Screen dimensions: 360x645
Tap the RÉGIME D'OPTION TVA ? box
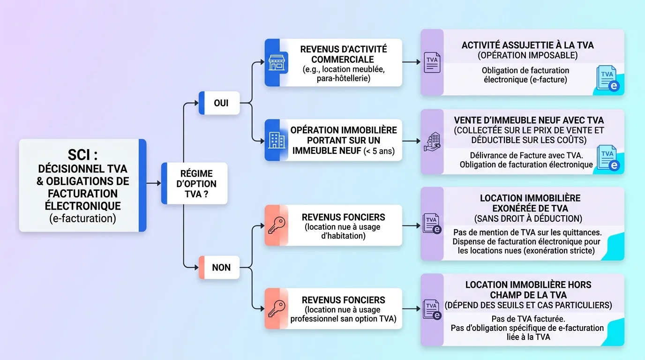tap(195, 183)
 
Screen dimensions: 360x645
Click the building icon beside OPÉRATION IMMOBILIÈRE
tap(276, 140)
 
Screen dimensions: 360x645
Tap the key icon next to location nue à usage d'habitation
tap(276, 225)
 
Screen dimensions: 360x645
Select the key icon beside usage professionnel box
tap(276, 308)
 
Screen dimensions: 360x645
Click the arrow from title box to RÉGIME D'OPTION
tap(153, 183)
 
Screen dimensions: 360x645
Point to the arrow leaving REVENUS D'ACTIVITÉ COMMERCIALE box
tap(411, 61)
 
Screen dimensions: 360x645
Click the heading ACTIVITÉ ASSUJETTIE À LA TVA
tap(527, 45)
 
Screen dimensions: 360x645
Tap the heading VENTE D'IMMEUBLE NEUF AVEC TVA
tap(528, 120)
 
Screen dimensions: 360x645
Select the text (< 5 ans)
tap(378, 150)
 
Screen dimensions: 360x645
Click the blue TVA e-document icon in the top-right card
tap(607, 78)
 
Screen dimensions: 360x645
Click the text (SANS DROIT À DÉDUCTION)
tap(528, 218)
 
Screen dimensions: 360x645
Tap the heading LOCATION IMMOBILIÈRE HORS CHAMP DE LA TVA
tap(528, 290)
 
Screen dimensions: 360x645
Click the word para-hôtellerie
tap(343, 78)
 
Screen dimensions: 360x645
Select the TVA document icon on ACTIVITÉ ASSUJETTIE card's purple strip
tap(432, 62)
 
